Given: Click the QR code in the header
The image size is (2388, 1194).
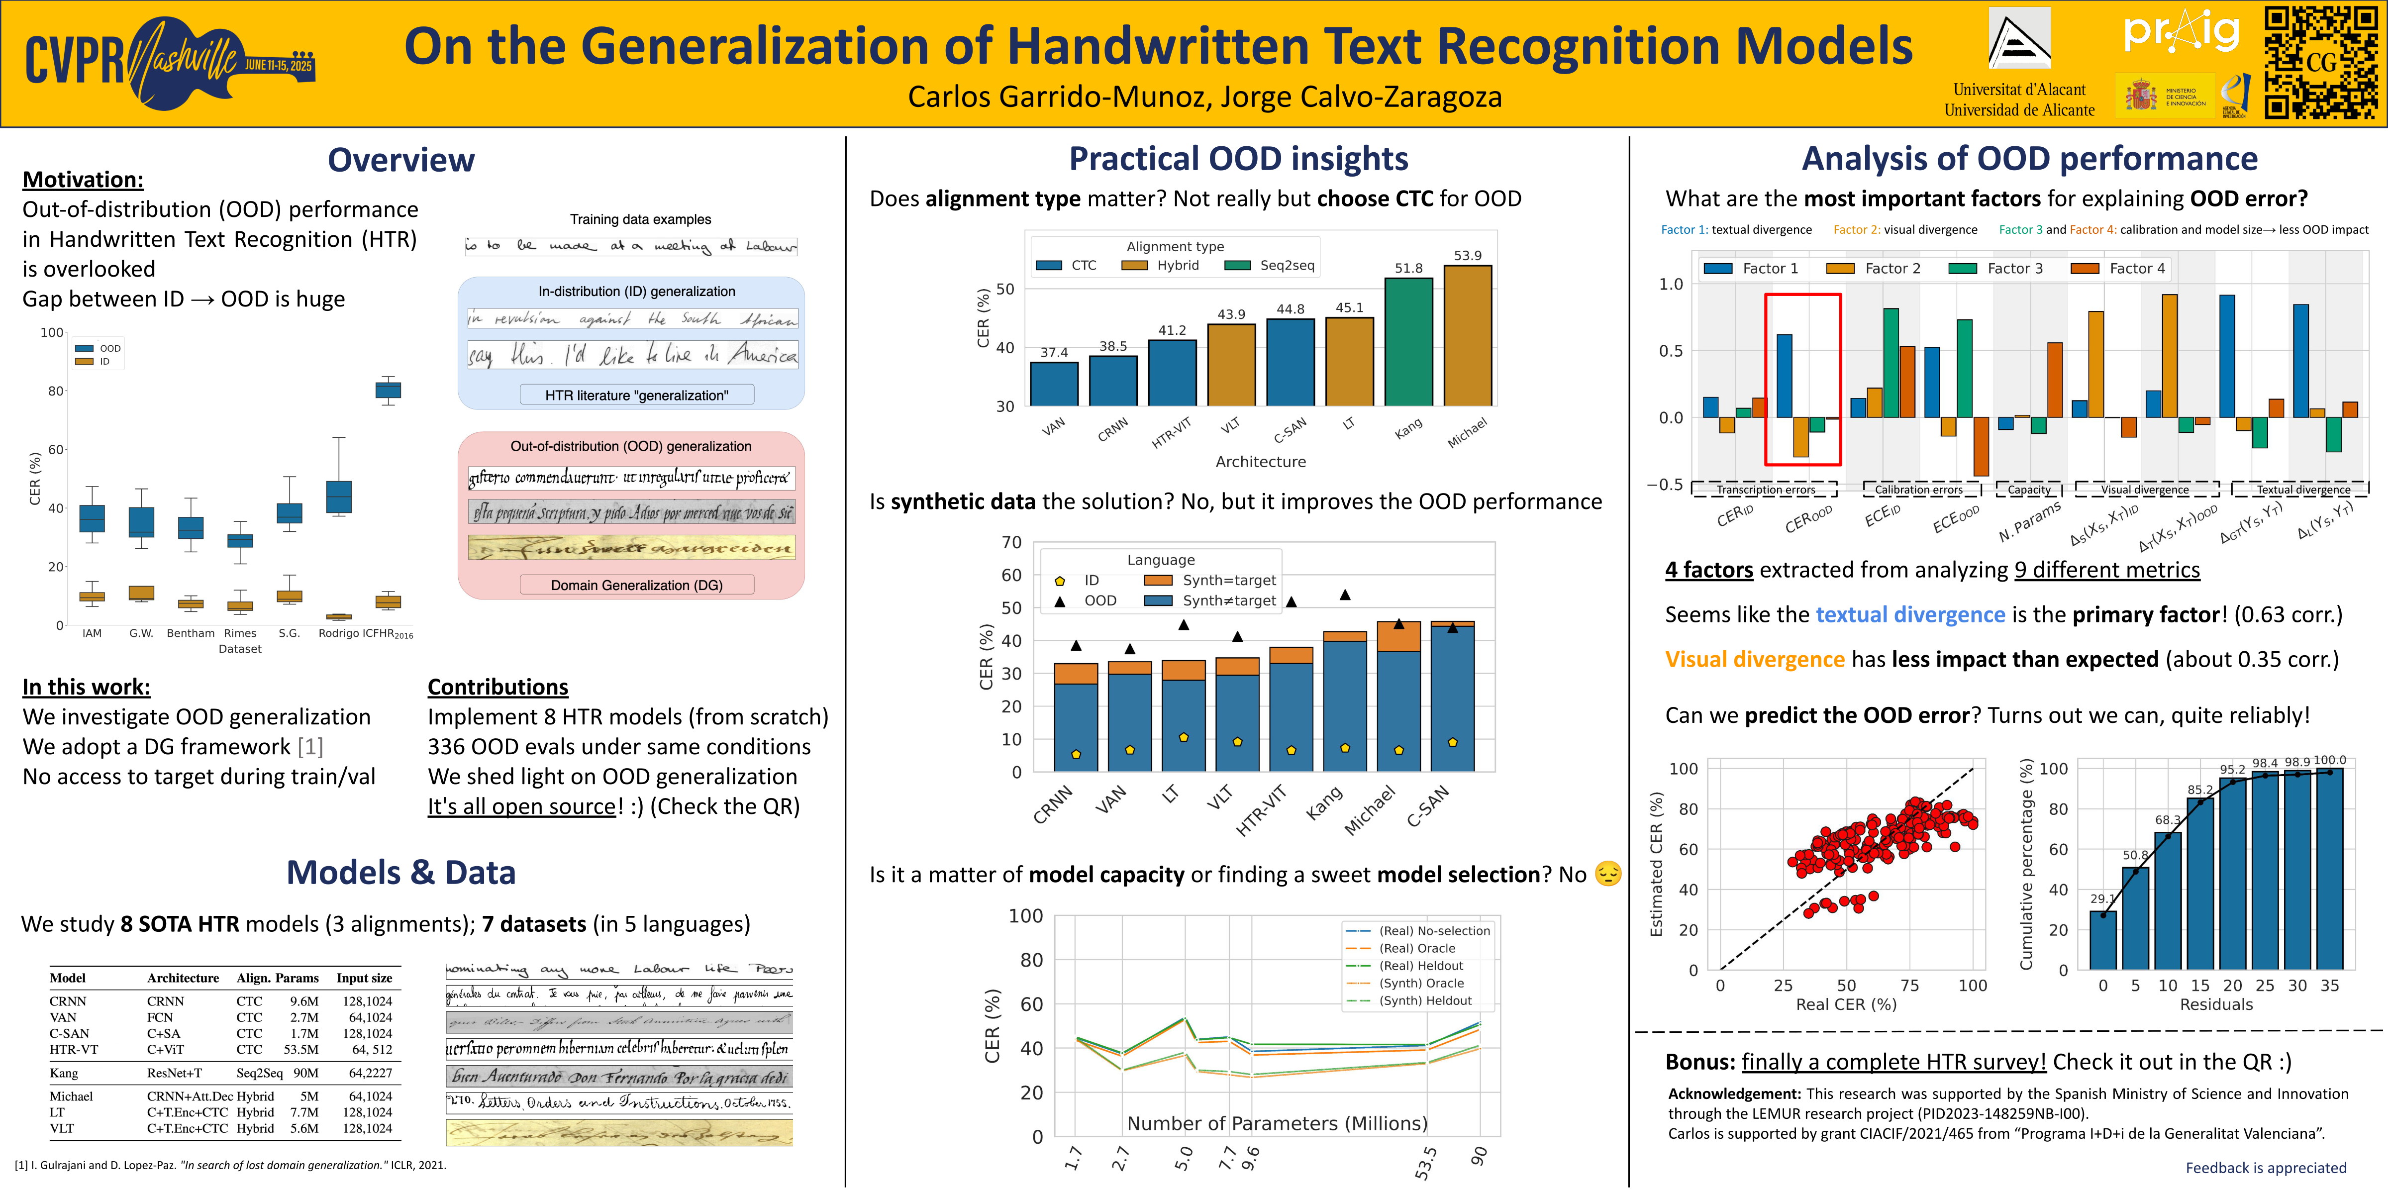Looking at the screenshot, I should [2320, 63].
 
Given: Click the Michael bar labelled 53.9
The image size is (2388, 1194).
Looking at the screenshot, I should [1468, 336].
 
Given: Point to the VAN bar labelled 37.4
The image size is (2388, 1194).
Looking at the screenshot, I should [1054, 384].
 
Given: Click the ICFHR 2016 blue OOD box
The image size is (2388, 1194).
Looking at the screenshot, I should [388, 390].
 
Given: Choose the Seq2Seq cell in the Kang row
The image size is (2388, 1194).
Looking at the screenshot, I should [260, 1073].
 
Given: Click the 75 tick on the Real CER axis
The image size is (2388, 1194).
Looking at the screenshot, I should [1910, 986].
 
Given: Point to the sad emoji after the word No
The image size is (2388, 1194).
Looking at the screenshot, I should [1608, 874].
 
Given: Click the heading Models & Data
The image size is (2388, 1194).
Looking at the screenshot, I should [400, 872].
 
